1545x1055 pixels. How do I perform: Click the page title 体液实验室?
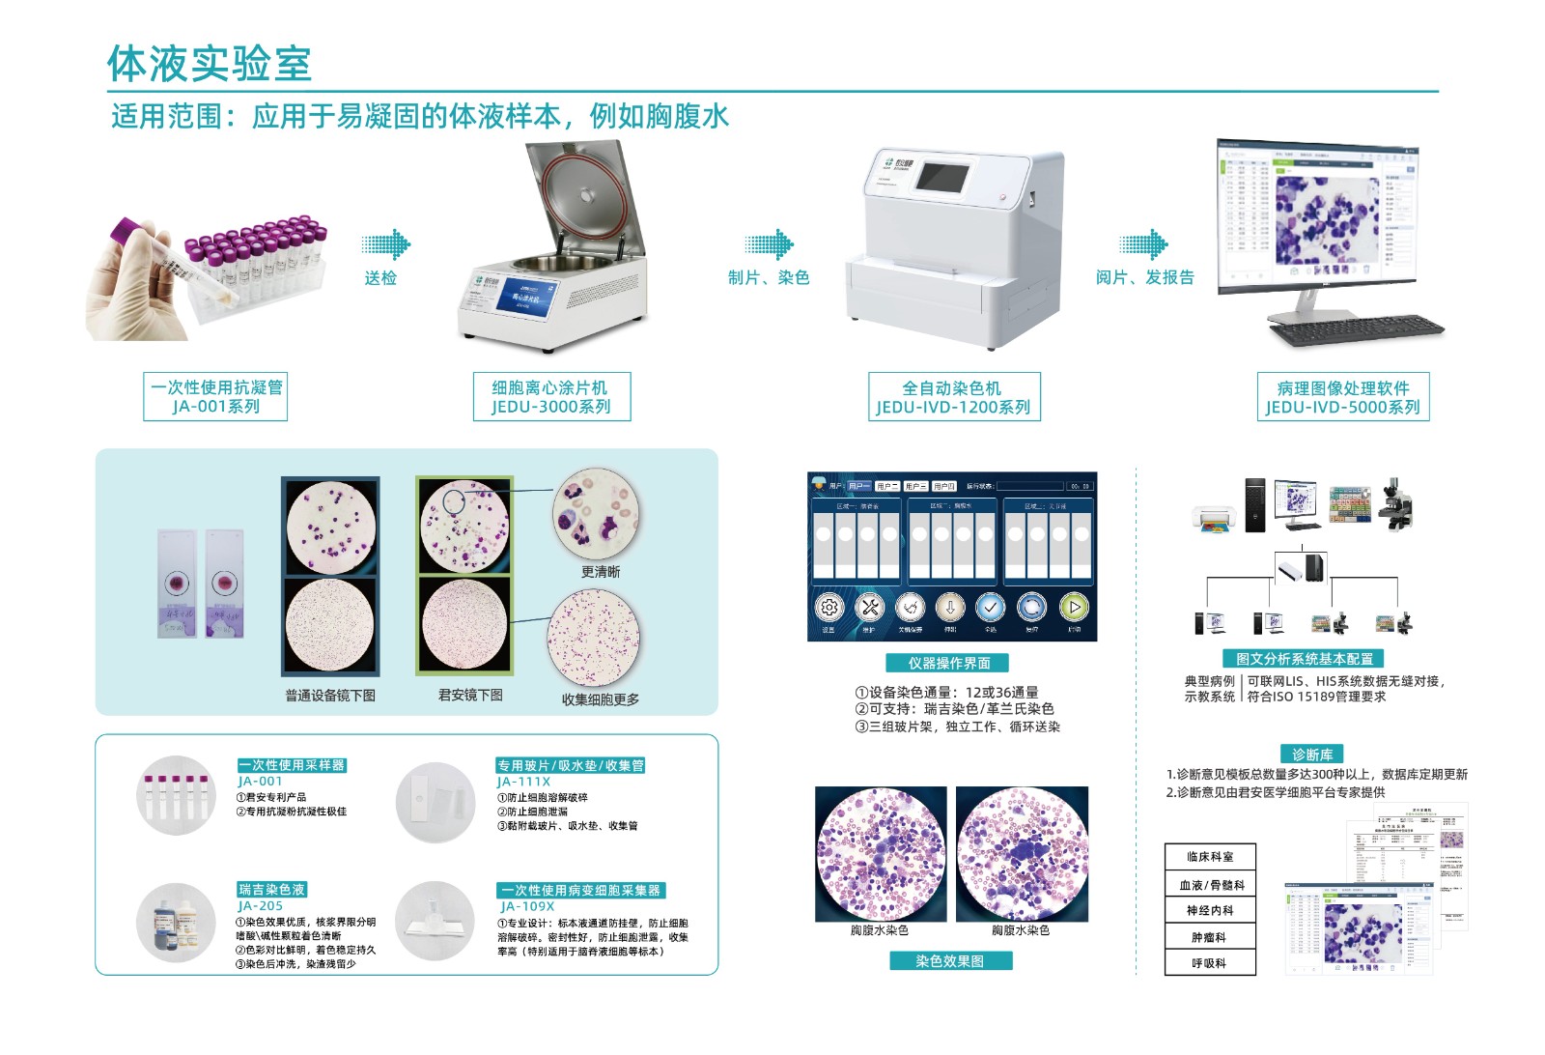coord(209,65)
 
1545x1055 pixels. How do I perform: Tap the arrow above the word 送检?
coord(385,244)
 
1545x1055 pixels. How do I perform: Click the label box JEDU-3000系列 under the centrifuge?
coord(551,397)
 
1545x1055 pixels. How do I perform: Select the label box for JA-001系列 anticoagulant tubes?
coord(216,397)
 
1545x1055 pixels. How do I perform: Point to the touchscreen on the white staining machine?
coord(941,179)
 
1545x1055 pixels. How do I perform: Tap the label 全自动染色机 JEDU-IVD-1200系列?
coord(953,397)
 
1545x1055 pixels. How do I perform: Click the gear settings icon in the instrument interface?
coord(829,608)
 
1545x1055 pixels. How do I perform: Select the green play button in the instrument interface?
coord(1074,608)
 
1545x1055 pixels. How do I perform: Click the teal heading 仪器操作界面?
coord(948,663)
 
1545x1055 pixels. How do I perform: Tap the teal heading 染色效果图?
coord(950,961)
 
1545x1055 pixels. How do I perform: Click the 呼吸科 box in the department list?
coord(1209,963)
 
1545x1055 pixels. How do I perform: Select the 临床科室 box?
coord(1209,857)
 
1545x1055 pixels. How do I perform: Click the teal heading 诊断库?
coord(1311,755)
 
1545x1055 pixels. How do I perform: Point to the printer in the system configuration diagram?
coord(1215,519)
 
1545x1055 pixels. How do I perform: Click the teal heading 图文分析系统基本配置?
coord(1304,659)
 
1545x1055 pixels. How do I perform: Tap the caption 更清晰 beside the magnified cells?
coord(600,572)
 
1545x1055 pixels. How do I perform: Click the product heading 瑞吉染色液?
coord(272,890)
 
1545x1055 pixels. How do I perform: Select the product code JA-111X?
coord(523,782)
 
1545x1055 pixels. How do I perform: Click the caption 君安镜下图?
coord(470,695)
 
